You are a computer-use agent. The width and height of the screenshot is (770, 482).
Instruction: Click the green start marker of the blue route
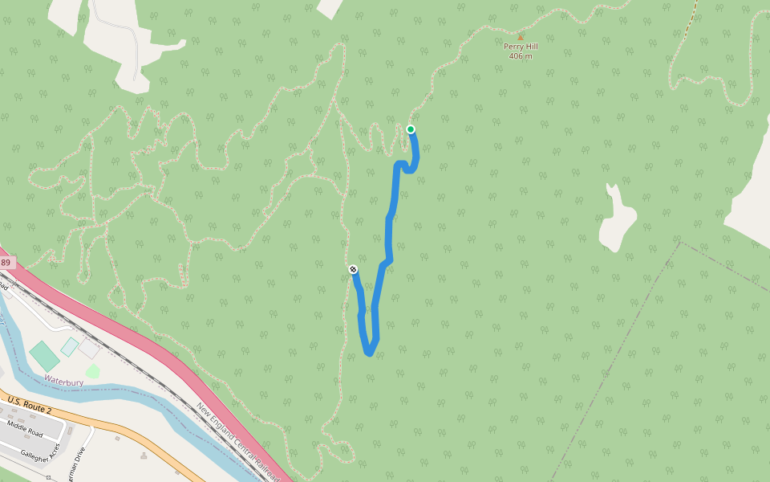(x=411, y=129)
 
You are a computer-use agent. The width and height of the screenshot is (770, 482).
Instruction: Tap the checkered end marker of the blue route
(x=353, y=269)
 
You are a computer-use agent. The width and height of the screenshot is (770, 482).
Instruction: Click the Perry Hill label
(x=521, y=47)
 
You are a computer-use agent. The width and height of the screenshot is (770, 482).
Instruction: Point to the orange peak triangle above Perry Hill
(x=521, y=37)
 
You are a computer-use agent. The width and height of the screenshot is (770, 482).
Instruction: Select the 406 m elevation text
(x=521, y=56)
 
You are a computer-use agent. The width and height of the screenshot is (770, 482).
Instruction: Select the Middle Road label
(x=24, y=427)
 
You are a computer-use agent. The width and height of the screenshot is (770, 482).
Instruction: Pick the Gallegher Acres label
(x=40, y=453)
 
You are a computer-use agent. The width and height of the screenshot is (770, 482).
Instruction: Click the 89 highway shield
(x=6, y=263)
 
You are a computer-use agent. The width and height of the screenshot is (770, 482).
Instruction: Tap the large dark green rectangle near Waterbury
(x=44, y=356)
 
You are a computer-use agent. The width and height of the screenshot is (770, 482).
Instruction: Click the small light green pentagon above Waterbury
(x=92, y=371)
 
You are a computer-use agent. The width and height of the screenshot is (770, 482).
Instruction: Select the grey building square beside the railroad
(x=89, y=349)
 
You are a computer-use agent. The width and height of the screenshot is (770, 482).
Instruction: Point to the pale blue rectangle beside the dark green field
(x=70, y=347)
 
